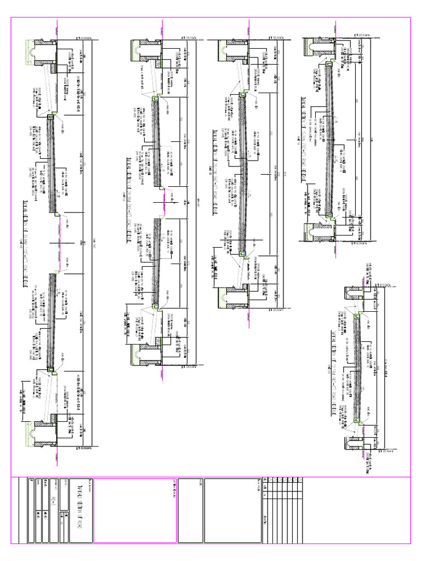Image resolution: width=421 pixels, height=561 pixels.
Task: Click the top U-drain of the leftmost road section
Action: tap(43, 49)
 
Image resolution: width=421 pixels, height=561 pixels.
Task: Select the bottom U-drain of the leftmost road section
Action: tap(43, 432)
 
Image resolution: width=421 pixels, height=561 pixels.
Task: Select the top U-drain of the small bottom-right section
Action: tap(351, 293)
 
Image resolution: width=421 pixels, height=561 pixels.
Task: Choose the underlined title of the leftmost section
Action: tap(25, 241)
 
